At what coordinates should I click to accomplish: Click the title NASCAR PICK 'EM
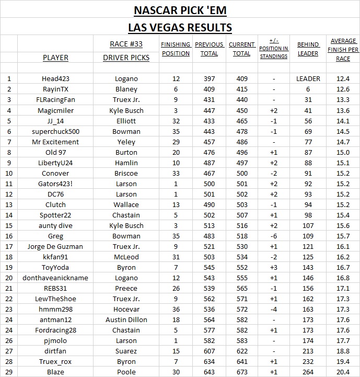(180, 10)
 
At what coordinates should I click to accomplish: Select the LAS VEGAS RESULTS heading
(180, 27)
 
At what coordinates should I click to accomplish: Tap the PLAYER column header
(55, 58)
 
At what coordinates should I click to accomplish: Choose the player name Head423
(55, 79)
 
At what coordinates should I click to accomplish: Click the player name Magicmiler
(55, 110)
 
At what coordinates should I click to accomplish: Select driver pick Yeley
(126, 142)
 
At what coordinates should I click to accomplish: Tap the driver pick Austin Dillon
(126, 319)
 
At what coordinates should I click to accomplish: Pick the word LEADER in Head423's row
(308, 79)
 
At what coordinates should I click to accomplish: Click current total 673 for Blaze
(241, 372)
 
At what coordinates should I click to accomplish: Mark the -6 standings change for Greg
(274, 236)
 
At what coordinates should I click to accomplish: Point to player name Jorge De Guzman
(55, 246)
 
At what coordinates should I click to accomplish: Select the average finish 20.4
(343, 372)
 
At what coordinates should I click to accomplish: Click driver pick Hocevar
(126, 309)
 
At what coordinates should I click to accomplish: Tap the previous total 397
(208, 79)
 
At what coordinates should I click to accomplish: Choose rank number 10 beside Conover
(8, 173)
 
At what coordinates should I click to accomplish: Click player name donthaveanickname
(55, 278)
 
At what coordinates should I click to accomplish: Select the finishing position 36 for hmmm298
(175, 309)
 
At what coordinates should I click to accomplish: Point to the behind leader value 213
(308, 351)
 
